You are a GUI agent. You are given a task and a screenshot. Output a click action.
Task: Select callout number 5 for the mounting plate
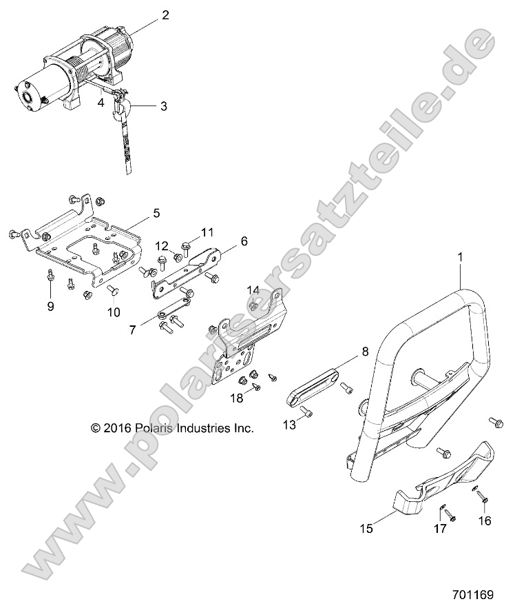point(156,214)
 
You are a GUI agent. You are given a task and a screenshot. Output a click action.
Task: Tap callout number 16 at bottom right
point(485,521)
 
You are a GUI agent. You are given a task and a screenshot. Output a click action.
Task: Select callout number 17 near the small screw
point(439,529)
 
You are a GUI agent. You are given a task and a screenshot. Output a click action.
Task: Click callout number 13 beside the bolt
point(289,426)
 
